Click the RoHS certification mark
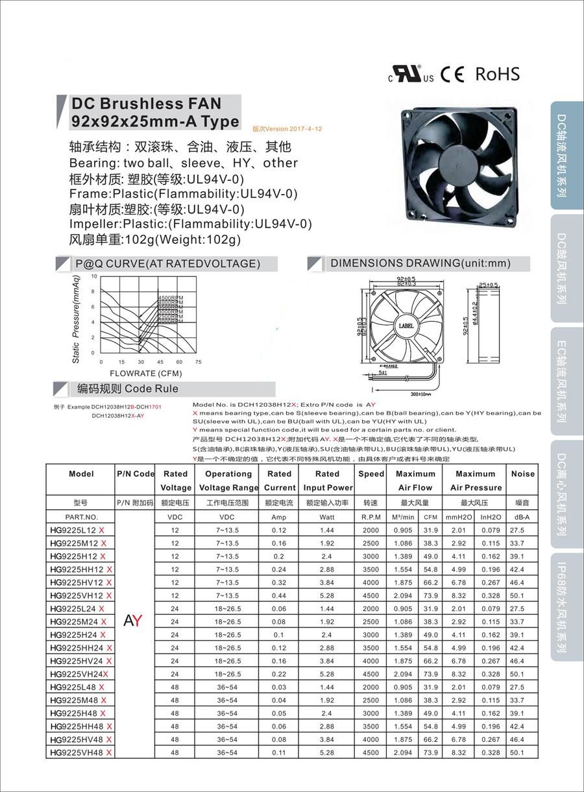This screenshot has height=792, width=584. [497, 74]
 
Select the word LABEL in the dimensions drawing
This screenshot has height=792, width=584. [406, 326]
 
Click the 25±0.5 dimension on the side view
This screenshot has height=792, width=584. [488, 285]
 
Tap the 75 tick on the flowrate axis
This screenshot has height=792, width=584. [199, 361]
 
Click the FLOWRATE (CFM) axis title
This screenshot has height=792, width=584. [146, 374]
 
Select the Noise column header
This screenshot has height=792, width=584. [522, 474]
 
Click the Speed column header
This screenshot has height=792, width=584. [371, 474]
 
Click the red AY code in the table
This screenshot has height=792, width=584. [133, 621]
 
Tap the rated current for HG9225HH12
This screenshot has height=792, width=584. [279, 570]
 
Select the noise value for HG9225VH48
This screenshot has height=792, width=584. [517, 752]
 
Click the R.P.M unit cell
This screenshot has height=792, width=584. [371, 517]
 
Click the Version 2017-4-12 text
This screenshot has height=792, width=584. [287, 129]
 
